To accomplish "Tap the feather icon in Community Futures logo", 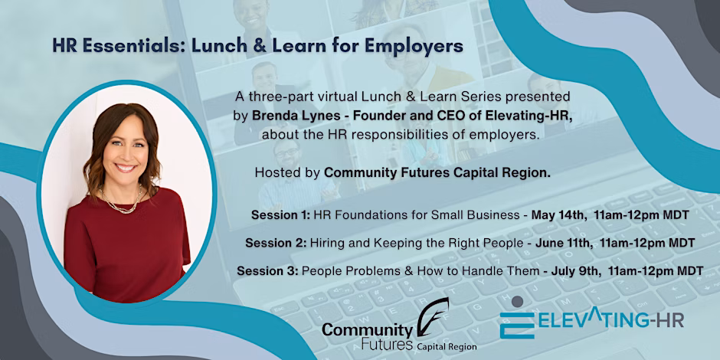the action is tap(432, 318).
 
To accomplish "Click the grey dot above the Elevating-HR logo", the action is tap(517, 301).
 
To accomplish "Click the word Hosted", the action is tap(273, 174).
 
